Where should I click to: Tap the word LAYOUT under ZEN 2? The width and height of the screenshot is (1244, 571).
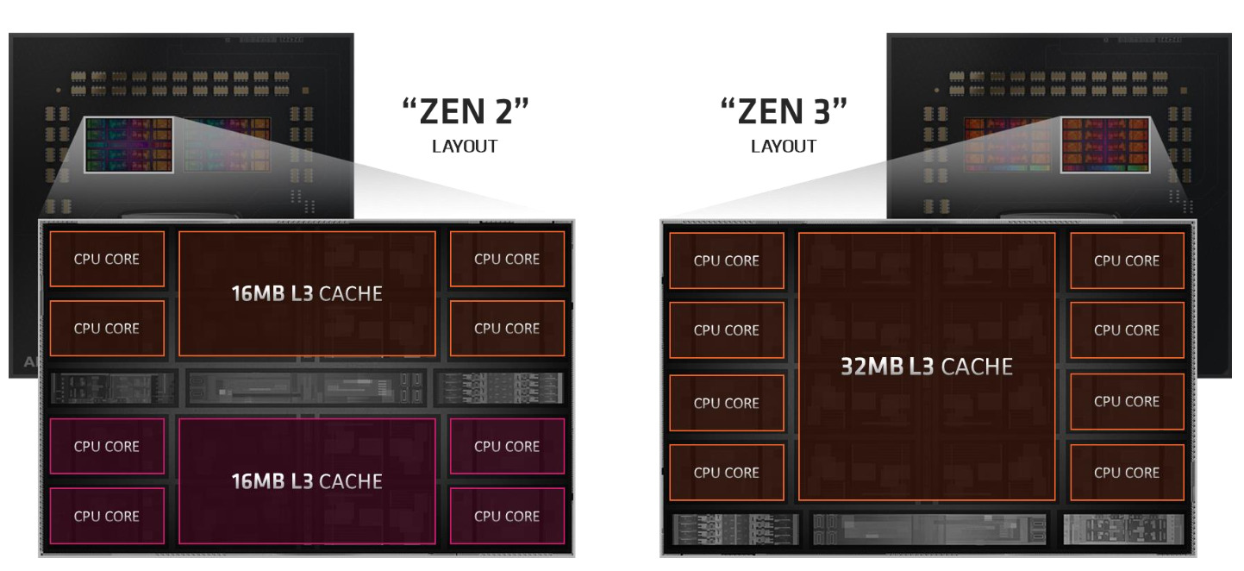tap(465, 147)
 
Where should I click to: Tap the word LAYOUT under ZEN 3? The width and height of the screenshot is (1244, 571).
tap(784, 147)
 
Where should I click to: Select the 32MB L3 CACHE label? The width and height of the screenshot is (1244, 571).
tap(926, 367)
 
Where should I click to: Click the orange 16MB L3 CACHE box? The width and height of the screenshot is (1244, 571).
tap(306, 293)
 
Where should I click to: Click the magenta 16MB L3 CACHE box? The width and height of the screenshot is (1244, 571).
tap(306, 481)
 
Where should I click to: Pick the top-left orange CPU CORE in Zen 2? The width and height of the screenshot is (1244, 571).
tap(107, 259)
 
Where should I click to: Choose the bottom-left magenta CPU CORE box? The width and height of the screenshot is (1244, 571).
tap(107, 516)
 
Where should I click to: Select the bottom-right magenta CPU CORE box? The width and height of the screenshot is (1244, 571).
tap(507, 516)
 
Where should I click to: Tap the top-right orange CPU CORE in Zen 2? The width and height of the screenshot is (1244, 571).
tap(507, 259)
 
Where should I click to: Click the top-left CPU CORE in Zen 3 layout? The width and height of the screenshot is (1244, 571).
tap(727, 260)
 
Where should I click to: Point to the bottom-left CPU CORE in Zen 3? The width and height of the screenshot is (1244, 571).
tap(727, 473)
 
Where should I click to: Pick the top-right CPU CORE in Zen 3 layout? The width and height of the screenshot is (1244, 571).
tap(1127, 260)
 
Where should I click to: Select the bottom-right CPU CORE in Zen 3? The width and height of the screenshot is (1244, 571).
tap(1127, 473)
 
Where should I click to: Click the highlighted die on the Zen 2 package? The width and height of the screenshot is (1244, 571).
tap(129, 145)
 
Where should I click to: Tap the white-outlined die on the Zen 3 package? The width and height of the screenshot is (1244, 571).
tap(1105, 145)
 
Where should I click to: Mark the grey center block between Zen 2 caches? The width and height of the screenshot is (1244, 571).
tap(306, 388)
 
